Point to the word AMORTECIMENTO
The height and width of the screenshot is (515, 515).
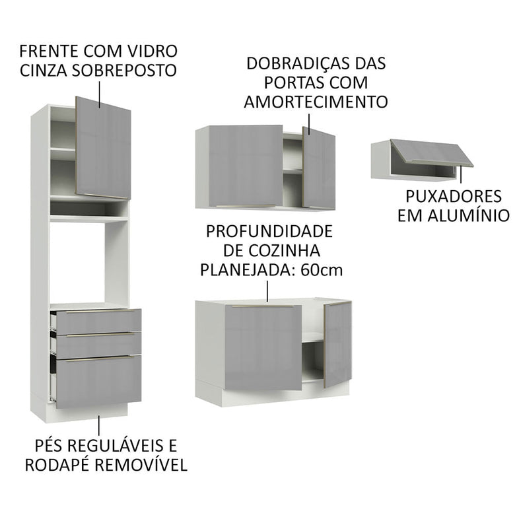(x=315, y=102)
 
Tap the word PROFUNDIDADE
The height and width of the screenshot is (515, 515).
(x=269, y=232)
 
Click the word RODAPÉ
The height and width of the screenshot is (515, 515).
(x=55, y=464)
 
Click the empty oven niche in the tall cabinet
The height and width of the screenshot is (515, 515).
(x=78, y=261)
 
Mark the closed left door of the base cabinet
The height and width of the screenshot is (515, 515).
(x=263, y=347)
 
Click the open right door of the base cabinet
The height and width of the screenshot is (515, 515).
(x=337, y=343)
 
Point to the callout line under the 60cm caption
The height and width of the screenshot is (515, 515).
(x=267, y=290)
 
